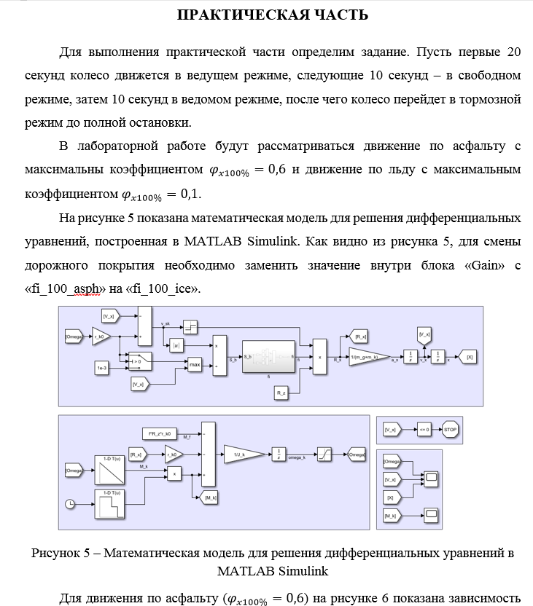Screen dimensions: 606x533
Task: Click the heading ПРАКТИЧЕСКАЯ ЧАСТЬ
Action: point(273,15)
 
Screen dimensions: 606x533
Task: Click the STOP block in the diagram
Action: point(450,430)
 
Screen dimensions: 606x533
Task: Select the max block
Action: point(195,363)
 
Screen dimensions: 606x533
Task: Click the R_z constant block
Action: point(281,393)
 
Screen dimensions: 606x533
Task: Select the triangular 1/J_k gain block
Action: point(240,454)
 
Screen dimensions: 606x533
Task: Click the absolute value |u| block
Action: point(176,347)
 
